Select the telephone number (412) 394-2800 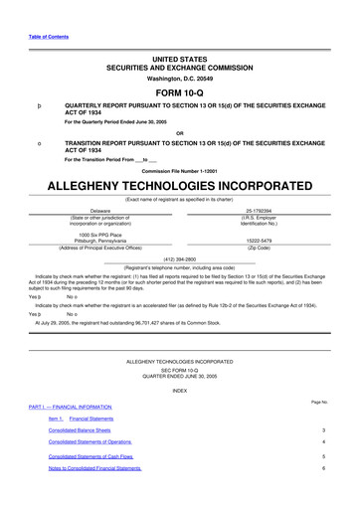179,258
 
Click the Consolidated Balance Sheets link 86,430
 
